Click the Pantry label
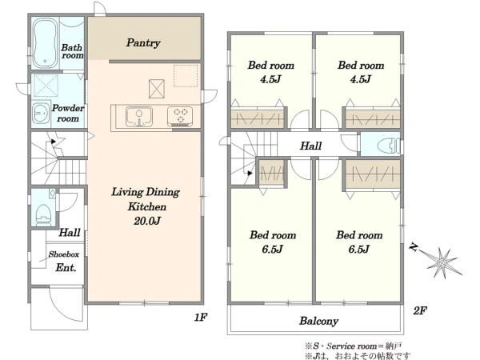point(143,43)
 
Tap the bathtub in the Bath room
point(45,43)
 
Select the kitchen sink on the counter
point(139,116)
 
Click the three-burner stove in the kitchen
point(180,116)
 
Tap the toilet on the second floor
point(388,146)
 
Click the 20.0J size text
point(147,221)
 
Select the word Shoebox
point(64,254)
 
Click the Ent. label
point(66,268)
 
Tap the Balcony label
point(318,321)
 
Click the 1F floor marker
point(201,318)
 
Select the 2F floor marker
point(420,311)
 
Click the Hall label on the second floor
point(310,146)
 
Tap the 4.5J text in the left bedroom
point(270,79)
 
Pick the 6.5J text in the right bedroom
point(358,249)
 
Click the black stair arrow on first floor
point(54,142)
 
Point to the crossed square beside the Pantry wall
point(157,89)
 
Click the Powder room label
point(68,114)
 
